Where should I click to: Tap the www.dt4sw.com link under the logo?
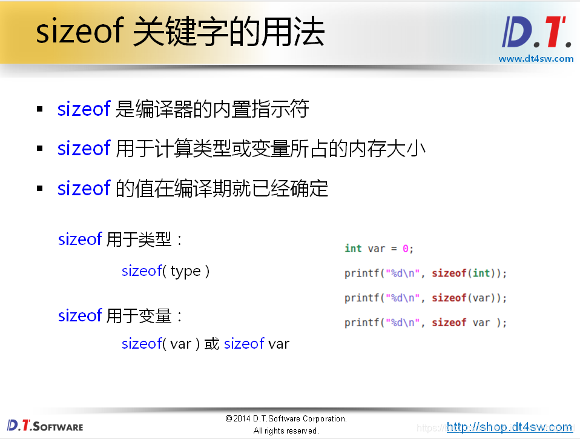pos(536,59)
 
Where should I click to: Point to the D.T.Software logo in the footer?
pos(45,426)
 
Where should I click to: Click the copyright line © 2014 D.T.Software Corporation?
pos(286,418)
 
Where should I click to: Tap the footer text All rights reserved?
pos(286,431)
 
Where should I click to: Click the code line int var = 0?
pos(379,249)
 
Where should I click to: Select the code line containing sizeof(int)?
pos(425,273)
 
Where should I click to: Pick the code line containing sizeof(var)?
pos(425,298)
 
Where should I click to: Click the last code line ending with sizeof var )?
pos(425,323)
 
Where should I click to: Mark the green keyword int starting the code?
pos(353,249)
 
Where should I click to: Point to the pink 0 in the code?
pos(406,249)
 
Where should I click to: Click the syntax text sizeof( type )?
pos(165,271)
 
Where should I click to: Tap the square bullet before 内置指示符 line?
pos(40,110)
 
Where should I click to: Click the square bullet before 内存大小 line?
pos(40,149)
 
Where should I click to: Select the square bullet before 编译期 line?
pos(40,189)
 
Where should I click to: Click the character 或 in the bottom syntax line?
pos(211,344)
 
